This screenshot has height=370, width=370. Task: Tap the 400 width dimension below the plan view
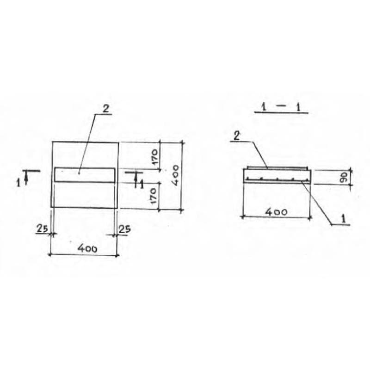(87, 248)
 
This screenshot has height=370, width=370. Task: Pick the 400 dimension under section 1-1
(276, 212)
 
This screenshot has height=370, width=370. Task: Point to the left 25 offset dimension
(43, 228)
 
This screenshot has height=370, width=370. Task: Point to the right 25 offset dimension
(124, 229)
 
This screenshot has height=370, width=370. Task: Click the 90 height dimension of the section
(344, 177)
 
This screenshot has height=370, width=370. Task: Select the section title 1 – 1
(281, 108)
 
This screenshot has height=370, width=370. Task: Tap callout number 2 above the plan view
(106, 109)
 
